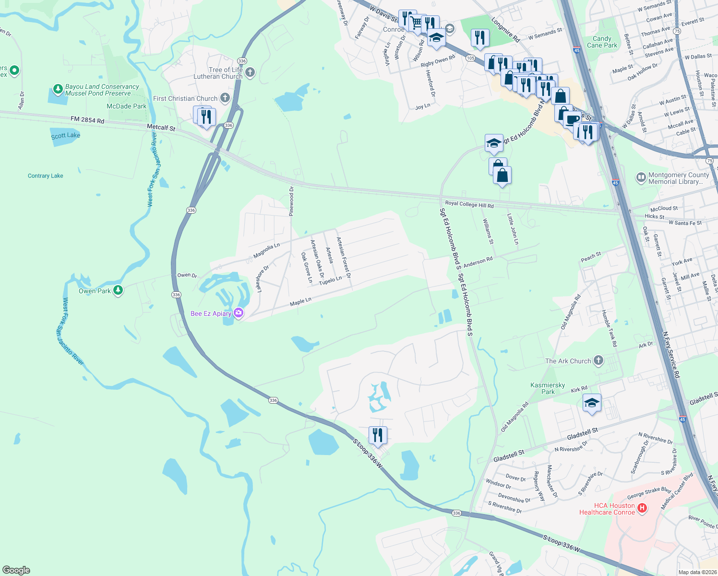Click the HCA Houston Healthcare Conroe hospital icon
click(642, 508)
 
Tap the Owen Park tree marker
click(118, 290)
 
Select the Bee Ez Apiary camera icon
click(239, 313)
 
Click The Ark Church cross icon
click(598, 360)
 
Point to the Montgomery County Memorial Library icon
click(641, 178)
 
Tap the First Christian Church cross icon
click(225, 98)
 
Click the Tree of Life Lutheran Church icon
click(250, 72)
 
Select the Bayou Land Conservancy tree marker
click(58, 89)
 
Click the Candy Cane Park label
click(602, 42)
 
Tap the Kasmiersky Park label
click(548, 388)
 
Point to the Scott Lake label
click(65, 135)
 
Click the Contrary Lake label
click(46, 176)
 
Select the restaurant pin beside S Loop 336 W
click(378, 435)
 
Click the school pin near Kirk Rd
click(592, 402)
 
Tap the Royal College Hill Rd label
click(469, 204)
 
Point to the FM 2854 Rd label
click(87, 120)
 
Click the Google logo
click(16, 570)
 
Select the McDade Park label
click(126, 106)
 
